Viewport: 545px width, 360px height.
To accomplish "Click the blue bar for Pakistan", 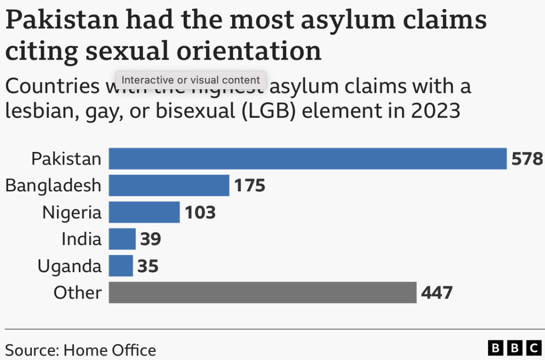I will [307, 159].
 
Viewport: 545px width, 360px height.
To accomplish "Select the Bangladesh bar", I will [169, 185].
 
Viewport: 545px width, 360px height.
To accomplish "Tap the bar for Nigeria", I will [144, 212].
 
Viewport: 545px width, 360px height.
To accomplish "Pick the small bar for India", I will [122, 239].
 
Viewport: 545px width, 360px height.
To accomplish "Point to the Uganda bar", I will [121, 266].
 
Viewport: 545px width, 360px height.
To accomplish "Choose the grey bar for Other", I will [262, 292].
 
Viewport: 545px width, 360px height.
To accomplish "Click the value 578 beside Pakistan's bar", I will [527, 159].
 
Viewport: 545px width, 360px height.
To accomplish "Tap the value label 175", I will [249, 185].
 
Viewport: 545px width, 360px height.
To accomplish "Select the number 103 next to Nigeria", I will [200, 212].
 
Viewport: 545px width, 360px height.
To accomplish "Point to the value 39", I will [150, 239].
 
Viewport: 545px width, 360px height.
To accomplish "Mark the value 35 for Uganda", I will [148, 266].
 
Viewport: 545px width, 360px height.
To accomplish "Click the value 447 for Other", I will [437, 292].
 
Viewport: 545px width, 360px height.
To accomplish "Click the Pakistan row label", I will [66, 159].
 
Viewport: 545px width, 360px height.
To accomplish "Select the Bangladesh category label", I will [53, 185].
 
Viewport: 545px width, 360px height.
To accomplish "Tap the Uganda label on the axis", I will [69, 266].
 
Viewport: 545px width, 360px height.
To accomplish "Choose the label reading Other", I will [77, 292].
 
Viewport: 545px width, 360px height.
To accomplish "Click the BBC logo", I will [514, 348].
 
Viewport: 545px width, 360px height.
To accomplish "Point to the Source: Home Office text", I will [81, 350].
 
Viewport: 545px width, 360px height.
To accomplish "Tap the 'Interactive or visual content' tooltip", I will [191, 80].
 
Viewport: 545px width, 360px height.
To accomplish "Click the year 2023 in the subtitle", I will [435, 111].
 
